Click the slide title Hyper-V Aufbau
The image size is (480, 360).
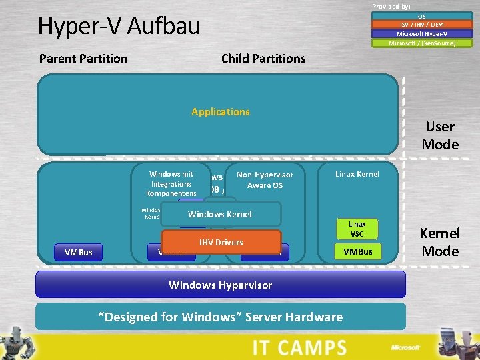(119, 27)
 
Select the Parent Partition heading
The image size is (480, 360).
(83, 59)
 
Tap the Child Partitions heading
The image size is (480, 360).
(263, 59)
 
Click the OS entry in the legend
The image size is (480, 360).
(421, 16)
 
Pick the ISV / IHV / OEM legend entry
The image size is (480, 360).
(421, 25)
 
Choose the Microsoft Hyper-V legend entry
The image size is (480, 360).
(421, 34)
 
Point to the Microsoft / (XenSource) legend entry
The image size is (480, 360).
(421, 43)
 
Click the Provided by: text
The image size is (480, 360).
(391, 6)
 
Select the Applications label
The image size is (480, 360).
(220, 112)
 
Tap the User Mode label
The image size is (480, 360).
(440, 135)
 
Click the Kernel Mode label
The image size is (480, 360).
(440, 242)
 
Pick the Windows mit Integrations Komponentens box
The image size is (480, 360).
(171, 183)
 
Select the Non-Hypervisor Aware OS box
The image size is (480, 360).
(265, 179)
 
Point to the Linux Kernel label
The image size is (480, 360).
(357, 174)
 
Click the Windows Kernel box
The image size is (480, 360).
(220, 215)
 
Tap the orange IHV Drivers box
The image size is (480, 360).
(220, 242)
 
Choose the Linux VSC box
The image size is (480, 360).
(357, 229)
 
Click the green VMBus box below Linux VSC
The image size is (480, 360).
(357, 251)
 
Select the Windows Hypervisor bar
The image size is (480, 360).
(220, 285)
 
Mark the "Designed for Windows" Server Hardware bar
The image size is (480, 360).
(220, 317)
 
